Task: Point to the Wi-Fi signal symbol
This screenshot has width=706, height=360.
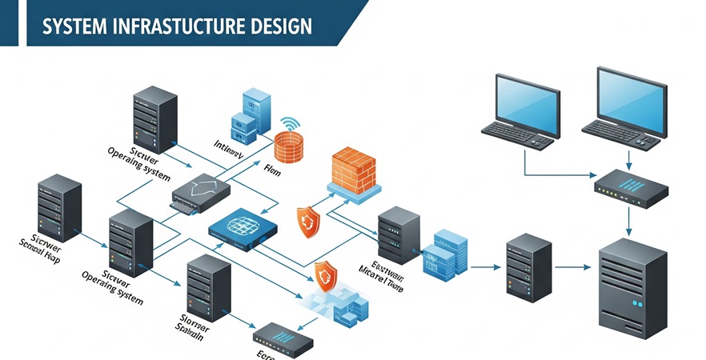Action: (289, 124)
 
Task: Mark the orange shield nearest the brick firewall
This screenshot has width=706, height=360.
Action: (308, 222)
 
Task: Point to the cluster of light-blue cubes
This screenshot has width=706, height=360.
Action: (332, 304)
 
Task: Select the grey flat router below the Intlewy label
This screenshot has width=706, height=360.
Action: (201, 193)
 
